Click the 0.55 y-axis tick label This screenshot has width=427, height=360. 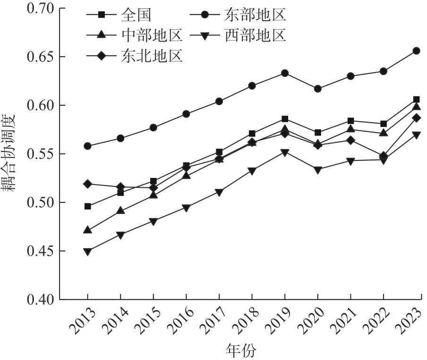(41, 154)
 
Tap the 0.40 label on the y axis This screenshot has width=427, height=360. (41, 300)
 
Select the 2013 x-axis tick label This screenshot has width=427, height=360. (83, 321)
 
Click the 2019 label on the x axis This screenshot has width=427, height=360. (280, 321)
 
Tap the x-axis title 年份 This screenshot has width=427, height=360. (241, 351)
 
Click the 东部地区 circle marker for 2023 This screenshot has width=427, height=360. (417, 51)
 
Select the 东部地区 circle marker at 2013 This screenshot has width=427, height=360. (88, 146)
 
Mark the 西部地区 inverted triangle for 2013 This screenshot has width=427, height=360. (88, 251)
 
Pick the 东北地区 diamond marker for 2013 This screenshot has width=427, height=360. (88, 184)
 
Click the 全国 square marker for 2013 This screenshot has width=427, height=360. (88, 207)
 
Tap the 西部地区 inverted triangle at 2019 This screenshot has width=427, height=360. (285, 153)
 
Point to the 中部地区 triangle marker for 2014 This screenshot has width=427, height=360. (120, 210)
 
